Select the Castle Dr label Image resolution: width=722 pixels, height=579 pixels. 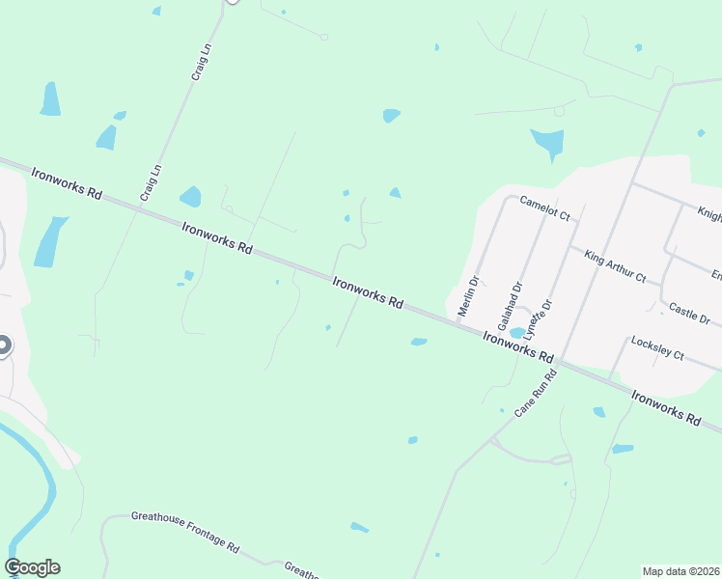pos(689,314)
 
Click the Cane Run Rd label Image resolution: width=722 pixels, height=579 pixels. pos(537,394)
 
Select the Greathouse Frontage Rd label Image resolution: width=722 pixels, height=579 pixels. pos(184,532)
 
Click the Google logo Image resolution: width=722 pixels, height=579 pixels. pos(32,567)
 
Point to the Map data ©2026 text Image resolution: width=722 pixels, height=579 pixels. pos(680,571)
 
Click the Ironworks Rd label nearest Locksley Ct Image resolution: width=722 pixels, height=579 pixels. pos(664,407)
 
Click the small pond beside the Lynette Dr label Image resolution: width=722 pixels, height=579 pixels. pos(517,332)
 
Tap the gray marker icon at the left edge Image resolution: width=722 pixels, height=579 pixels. pos(3,345)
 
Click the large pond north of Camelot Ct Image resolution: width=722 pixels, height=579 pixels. pos(547,143)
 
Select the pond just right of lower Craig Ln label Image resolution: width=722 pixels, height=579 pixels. pos(190,197)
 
